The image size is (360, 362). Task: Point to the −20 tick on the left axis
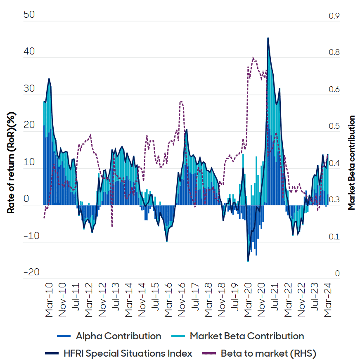pyautogui.click(x=31, y=272)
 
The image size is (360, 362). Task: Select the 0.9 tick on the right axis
pyautogui.click(x=334, y=16)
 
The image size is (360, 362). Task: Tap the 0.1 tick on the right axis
pyautogui.click(x=334, y=237)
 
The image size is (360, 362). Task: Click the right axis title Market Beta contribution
pyautogui.click(x=352, y=163)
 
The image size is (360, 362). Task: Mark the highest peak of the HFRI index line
pyautogui.click(x=268, y=38)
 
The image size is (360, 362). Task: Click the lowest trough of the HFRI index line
pyautogui.click(x=248, y=261)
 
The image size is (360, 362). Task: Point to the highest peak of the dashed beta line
pyautogui.click(x=253, y=57)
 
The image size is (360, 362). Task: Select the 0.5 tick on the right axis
pyautogui.click(x=334, y=126)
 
